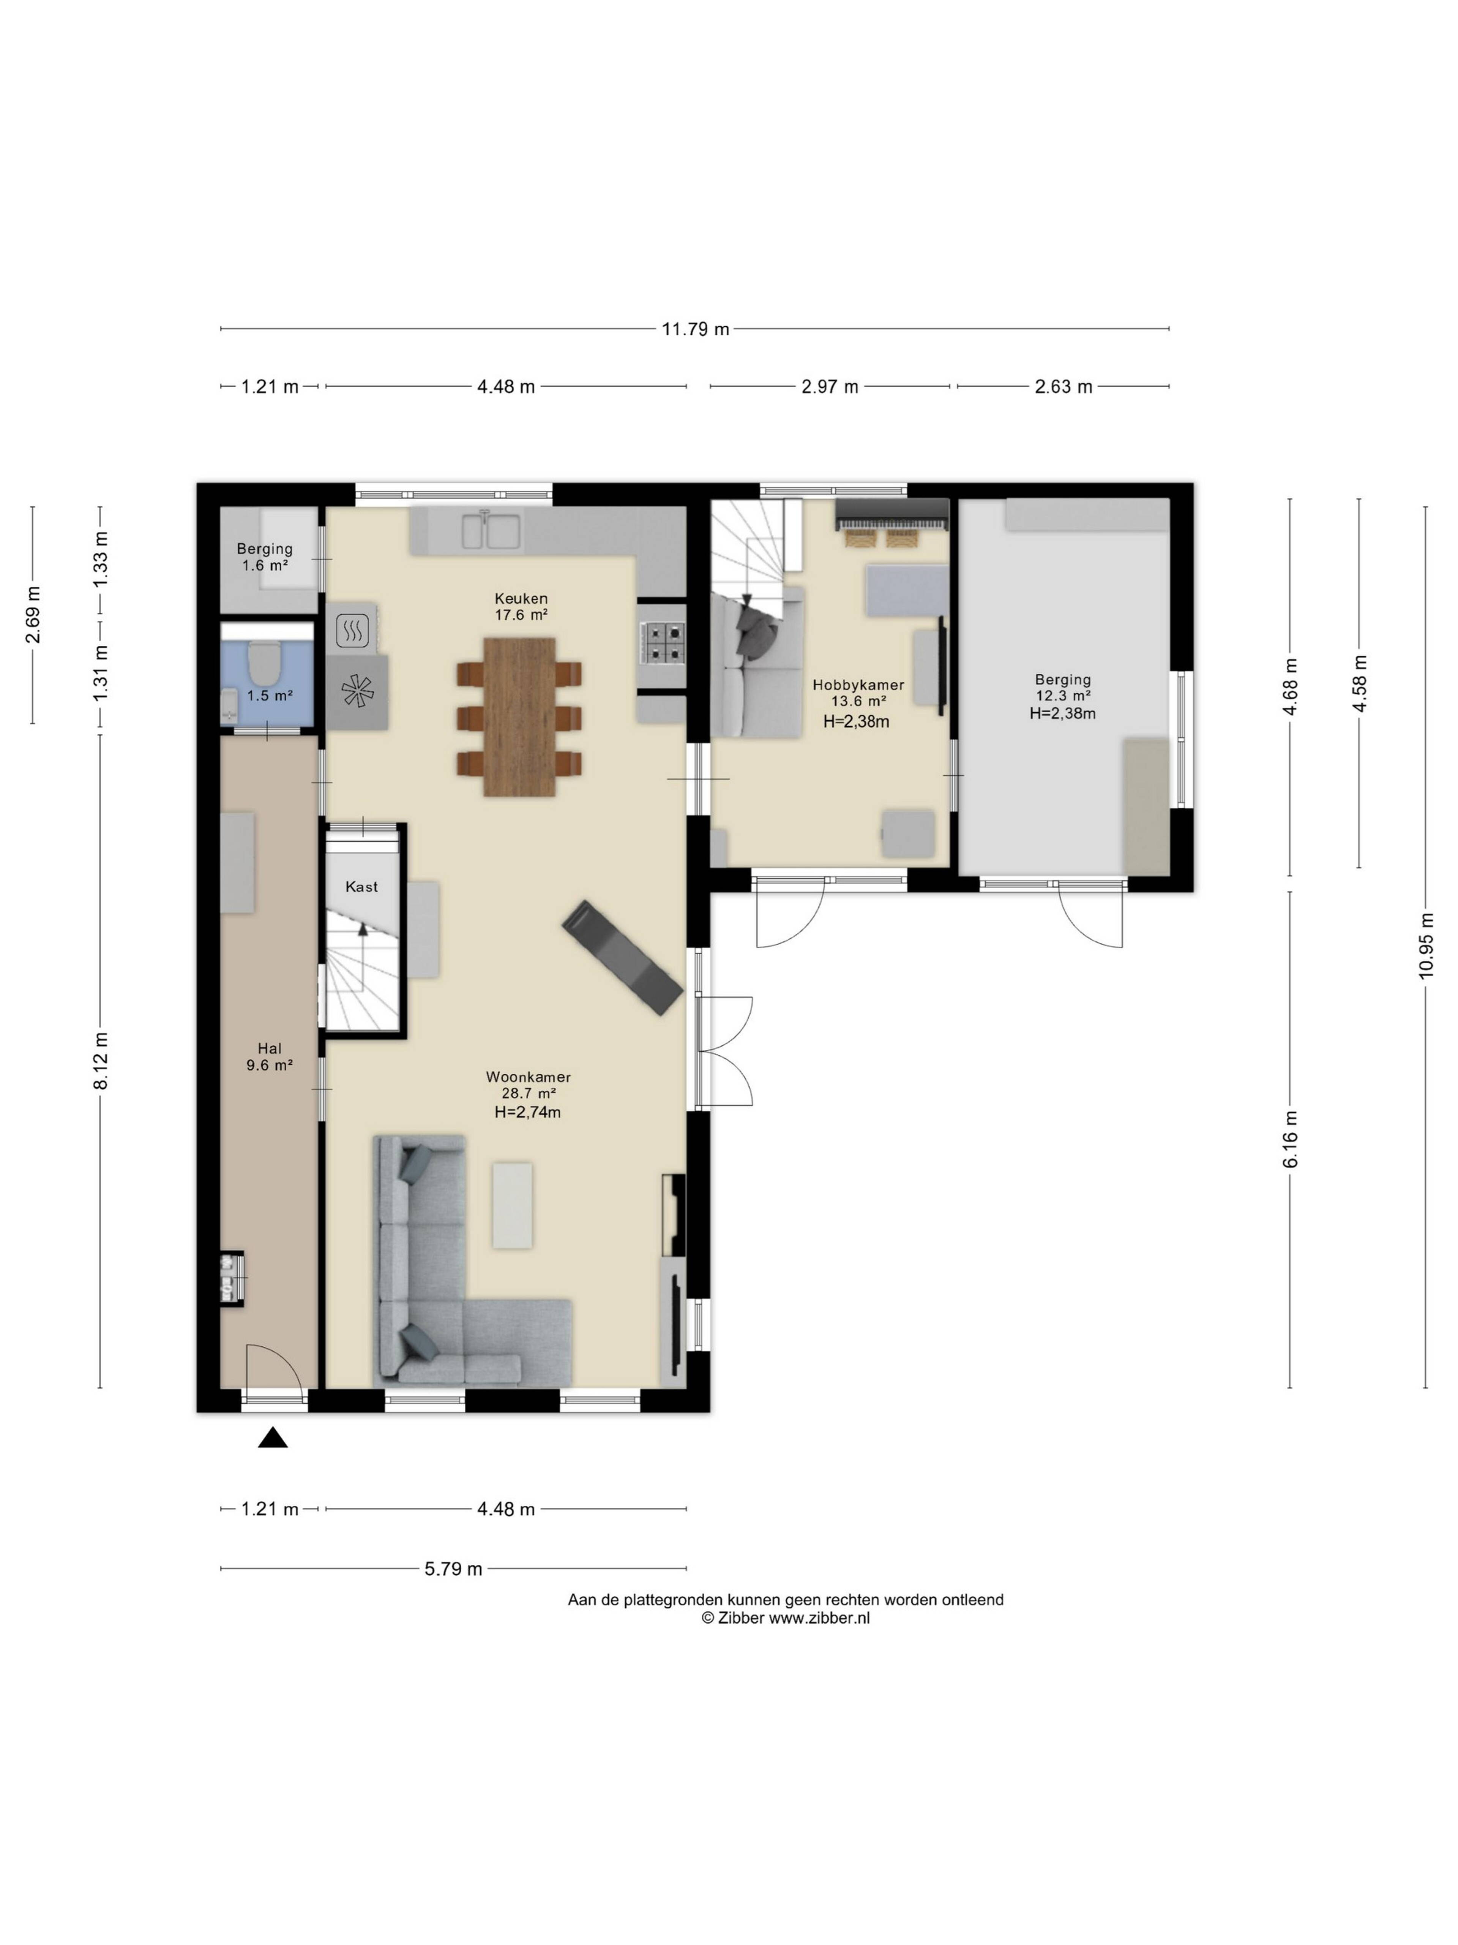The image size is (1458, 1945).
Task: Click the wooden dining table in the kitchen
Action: pyautogui.click(x=519, y=716)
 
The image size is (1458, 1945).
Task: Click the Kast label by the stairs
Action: pyautogui.click(x=361, y=886)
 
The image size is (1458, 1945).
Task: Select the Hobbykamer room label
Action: pyautogui.click(x=858, y=685)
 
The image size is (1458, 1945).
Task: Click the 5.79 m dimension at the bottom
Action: pyautogui.click(x=453, y=1569)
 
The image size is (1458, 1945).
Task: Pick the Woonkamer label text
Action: pyautogui.click(x=528, y=1077)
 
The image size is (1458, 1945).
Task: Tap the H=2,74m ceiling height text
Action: pyautogui.click(x=527, y=1112)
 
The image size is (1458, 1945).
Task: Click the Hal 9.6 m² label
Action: pyautogui.click(x=269, y=1056)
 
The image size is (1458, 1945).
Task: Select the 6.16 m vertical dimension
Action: pyautogui.click(x=1290, y=1140)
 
